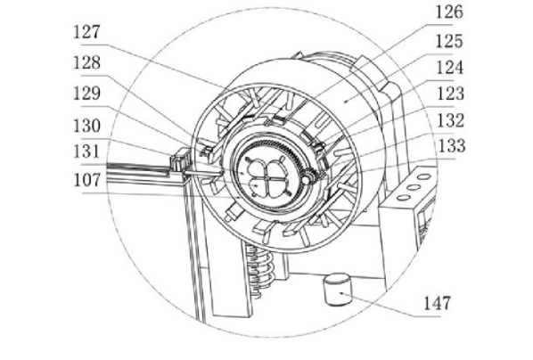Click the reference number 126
point(449,12)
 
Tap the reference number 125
point(449,41)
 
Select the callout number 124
point(450,68)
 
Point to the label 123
point(450,94)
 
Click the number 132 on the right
point(450,120)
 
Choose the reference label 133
point(452,146)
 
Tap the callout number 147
point(437,303)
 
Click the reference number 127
point(87,32)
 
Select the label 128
point(87,63)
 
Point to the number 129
point(87,94)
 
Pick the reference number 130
point(87,126)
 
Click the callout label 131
point(87,151)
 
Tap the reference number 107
point(87,180)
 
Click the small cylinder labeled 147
point(337,289)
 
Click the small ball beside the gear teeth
point(307,179)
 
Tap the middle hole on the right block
point(414,187)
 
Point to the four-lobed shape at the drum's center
point(267,176)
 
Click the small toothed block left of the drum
point(180,160)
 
